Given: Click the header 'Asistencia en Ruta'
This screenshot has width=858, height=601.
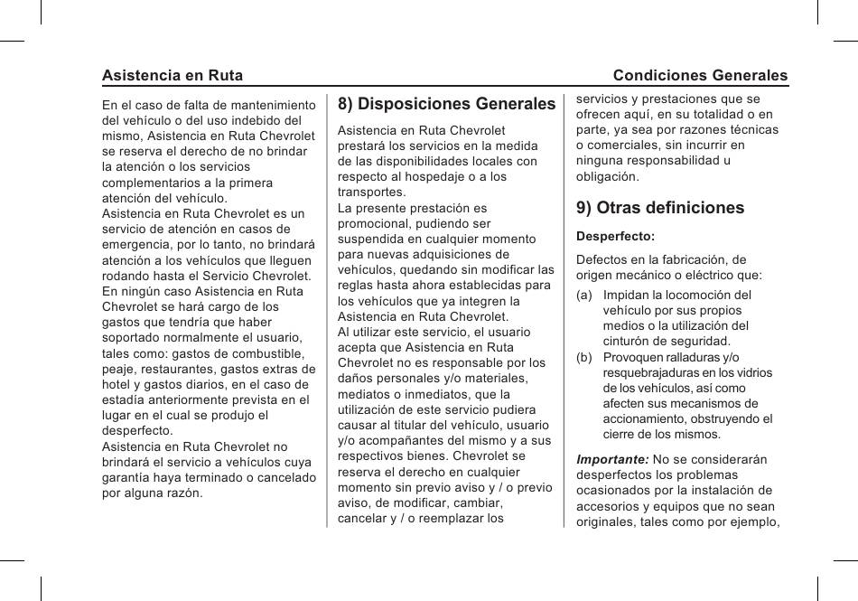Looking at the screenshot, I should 173,76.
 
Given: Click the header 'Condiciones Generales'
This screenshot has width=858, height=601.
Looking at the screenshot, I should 700,76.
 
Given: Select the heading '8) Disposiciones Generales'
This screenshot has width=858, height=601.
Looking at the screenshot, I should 447,105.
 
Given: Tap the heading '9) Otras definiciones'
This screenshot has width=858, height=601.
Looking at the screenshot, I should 660,208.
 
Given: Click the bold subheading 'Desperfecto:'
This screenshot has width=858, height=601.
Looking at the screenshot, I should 615,236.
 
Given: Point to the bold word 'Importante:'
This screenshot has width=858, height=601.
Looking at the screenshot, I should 612,459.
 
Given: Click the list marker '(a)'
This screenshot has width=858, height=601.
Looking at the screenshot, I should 585,295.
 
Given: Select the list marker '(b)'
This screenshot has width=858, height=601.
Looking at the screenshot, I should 585,357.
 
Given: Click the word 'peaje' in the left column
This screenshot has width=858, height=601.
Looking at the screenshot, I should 118,369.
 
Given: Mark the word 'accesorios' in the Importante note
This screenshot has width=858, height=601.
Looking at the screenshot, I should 608,506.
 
